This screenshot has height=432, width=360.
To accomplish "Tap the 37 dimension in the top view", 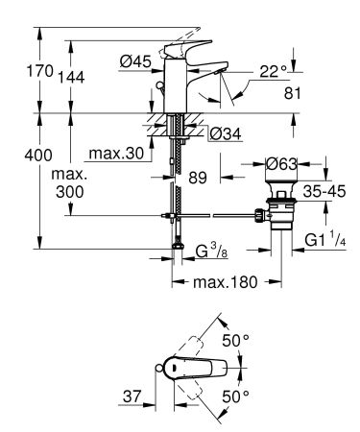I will tap(132, 395).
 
